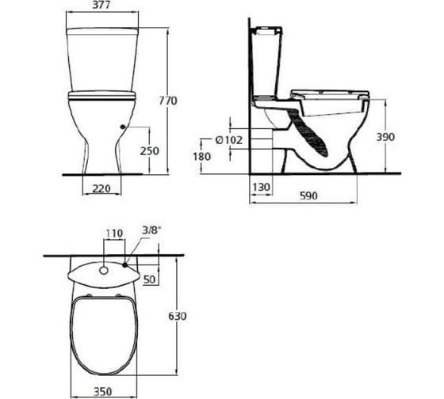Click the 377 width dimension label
pyautogui.click(x=101, y=5)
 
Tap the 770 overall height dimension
pyautogui.click(x=168, y=101)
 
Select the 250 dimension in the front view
pyautogui.click(x=150, y=151)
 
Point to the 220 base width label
pyautogui.click(x=101, y=188)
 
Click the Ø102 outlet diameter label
pyautogui.click(x=229, y=139)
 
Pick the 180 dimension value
pyautogui.click(x=202, y=157)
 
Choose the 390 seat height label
pyautogui.click(x=385, y=137)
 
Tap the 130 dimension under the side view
pyautogui.click(x=261, y=187)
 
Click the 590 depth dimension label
pyautogui.click(x=308, y=196)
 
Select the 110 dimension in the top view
pyautogui.click(x=114, y=233)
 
